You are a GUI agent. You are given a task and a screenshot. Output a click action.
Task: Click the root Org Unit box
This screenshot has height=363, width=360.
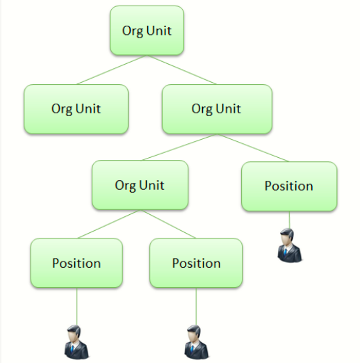click(147, 31)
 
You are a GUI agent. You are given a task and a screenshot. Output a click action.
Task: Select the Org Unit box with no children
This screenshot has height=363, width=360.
click(76, 109)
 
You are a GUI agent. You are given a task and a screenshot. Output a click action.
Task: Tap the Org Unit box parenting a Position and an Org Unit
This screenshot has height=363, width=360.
click(217, 109)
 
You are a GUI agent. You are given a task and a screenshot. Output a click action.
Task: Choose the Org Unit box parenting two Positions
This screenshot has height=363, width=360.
click(140, 185)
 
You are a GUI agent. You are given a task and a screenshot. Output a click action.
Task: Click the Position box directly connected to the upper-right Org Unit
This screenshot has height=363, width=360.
click(289, 186)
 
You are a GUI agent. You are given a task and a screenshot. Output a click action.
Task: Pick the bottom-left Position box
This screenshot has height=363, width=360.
click(76, 263)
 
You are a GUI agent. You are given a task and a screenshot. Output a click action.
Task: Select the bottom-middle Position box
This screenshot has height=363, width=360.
click(196, 263)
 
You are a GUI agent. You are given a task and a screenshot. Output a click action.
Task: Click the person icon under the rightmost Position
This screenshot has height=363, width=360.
click(290, 245)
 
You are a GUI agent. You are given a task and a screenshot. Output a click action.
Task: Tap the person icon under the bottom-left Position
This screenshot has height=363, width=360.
click(76, 342)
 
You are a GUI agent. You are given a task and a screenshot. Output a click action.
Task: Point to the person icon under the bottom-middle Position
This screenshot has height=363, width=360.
click(197, 342)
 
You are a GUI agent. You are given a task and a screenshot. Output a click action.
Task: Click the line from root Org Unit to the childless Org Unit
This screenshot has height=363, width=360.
click(111, 70)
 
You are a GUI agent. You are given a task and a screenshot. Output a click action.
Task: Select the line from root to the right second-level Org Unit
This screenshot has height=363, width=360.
click(182, 70)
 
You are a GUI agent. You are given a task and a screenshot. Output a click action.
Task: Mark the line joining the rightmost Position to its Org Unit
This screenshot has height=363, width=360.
click(253, 147)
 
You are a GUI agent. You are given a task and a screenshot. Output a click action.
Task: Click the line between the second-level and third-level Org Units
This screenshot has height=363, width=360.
click(179, 147)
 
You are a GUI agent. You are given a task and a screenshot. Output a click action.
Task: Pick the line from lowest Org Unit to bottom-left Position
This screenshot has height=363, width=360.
click(108, 224)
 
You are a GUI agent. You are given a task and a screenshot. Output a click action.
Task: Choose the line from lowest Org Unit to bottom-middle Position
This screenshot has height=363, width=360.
click(168, 224)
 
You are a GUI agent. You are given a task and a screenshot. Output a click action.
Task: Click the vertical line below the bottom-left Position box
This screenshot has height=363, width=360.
click(76, 307)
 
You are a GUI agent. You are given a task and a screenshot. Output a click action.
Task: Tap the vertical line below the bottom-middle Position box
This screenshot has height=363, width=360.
click(196, 307)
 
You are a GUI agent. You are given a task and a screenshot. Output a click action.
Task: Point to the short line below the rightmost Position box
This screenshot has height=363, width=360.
click(289, 220)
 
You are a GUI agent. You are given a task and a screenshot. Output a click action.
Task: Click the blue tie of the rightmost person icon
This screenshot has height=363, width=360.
click(286, 252)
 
